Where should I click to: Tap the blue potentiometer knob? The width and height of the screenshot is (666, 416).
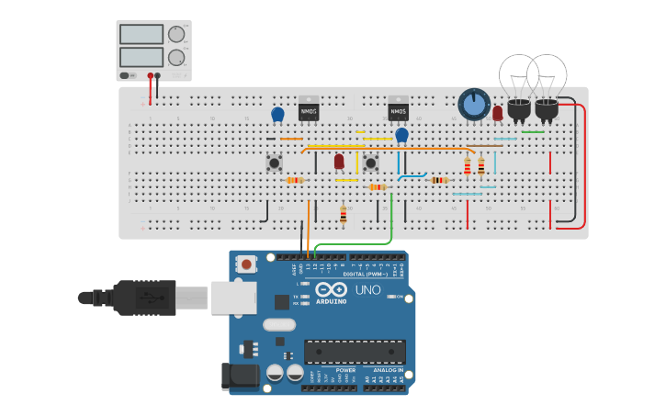coord(473,105)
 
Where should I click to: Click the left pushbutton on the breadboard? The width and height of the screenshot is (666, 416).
coord(274,163)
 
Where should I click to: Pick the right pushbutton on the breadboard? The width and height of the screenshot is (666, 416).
coord(370,163)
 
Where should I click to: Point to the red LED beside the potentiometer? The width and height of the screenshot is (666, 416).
coord(498,113)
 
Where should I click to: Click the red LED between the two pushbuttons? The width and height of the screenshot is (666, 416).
coord(339,162)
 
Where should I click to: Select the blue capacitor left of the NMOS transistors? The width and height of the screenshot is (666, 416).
coord(277,114)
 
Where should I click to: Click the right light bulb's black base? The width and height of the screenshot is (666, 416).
coord(547,111)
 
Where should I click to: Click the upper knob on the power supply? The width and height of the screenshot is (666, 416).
coord(175,35)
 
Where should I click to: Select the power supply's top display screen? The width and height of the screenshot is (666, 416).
coord(141,34)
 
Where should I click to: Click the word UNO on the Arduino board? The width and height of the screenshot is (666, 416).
coord(367,291)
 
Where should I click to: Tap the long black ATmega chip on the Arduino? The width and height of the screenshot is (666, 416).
coord(355,351)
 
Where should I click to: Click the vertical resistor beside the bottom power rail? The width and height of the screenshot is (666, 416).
coord(344,215)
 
